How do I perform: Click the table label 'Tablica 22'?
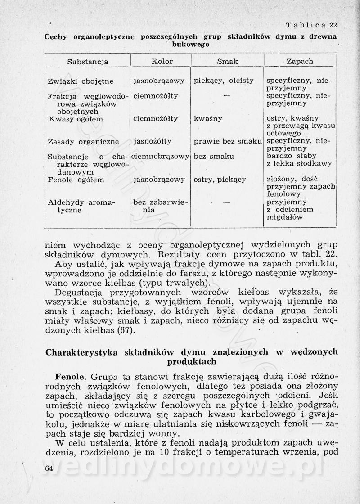click(311, 25)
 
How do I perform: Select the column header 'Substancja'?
click(88, 61)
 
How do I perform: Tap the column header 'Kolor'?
click(162, 61)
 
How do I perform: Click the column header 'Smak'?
click(227, 61)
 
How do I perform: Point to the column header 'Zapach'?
click(300, 61)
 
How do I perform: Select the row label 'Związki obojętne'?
click(81, 81)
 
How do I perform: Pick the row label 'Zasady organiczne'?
click(83, 142)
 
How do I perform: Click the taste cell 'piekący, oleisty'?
click(224, 81)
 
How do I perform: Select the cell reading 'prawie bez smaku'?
click(228, 142)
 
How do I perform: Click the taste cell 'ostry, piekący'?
click(220, 180)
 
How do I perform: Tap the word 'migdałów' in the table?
click(285, 217)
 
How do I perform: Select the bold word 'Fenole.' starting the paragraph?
click(70, 375)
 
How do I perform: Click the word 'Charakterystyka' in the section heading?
click(79, 352)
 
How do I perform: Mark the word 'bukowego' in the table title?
click(191, 45)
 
